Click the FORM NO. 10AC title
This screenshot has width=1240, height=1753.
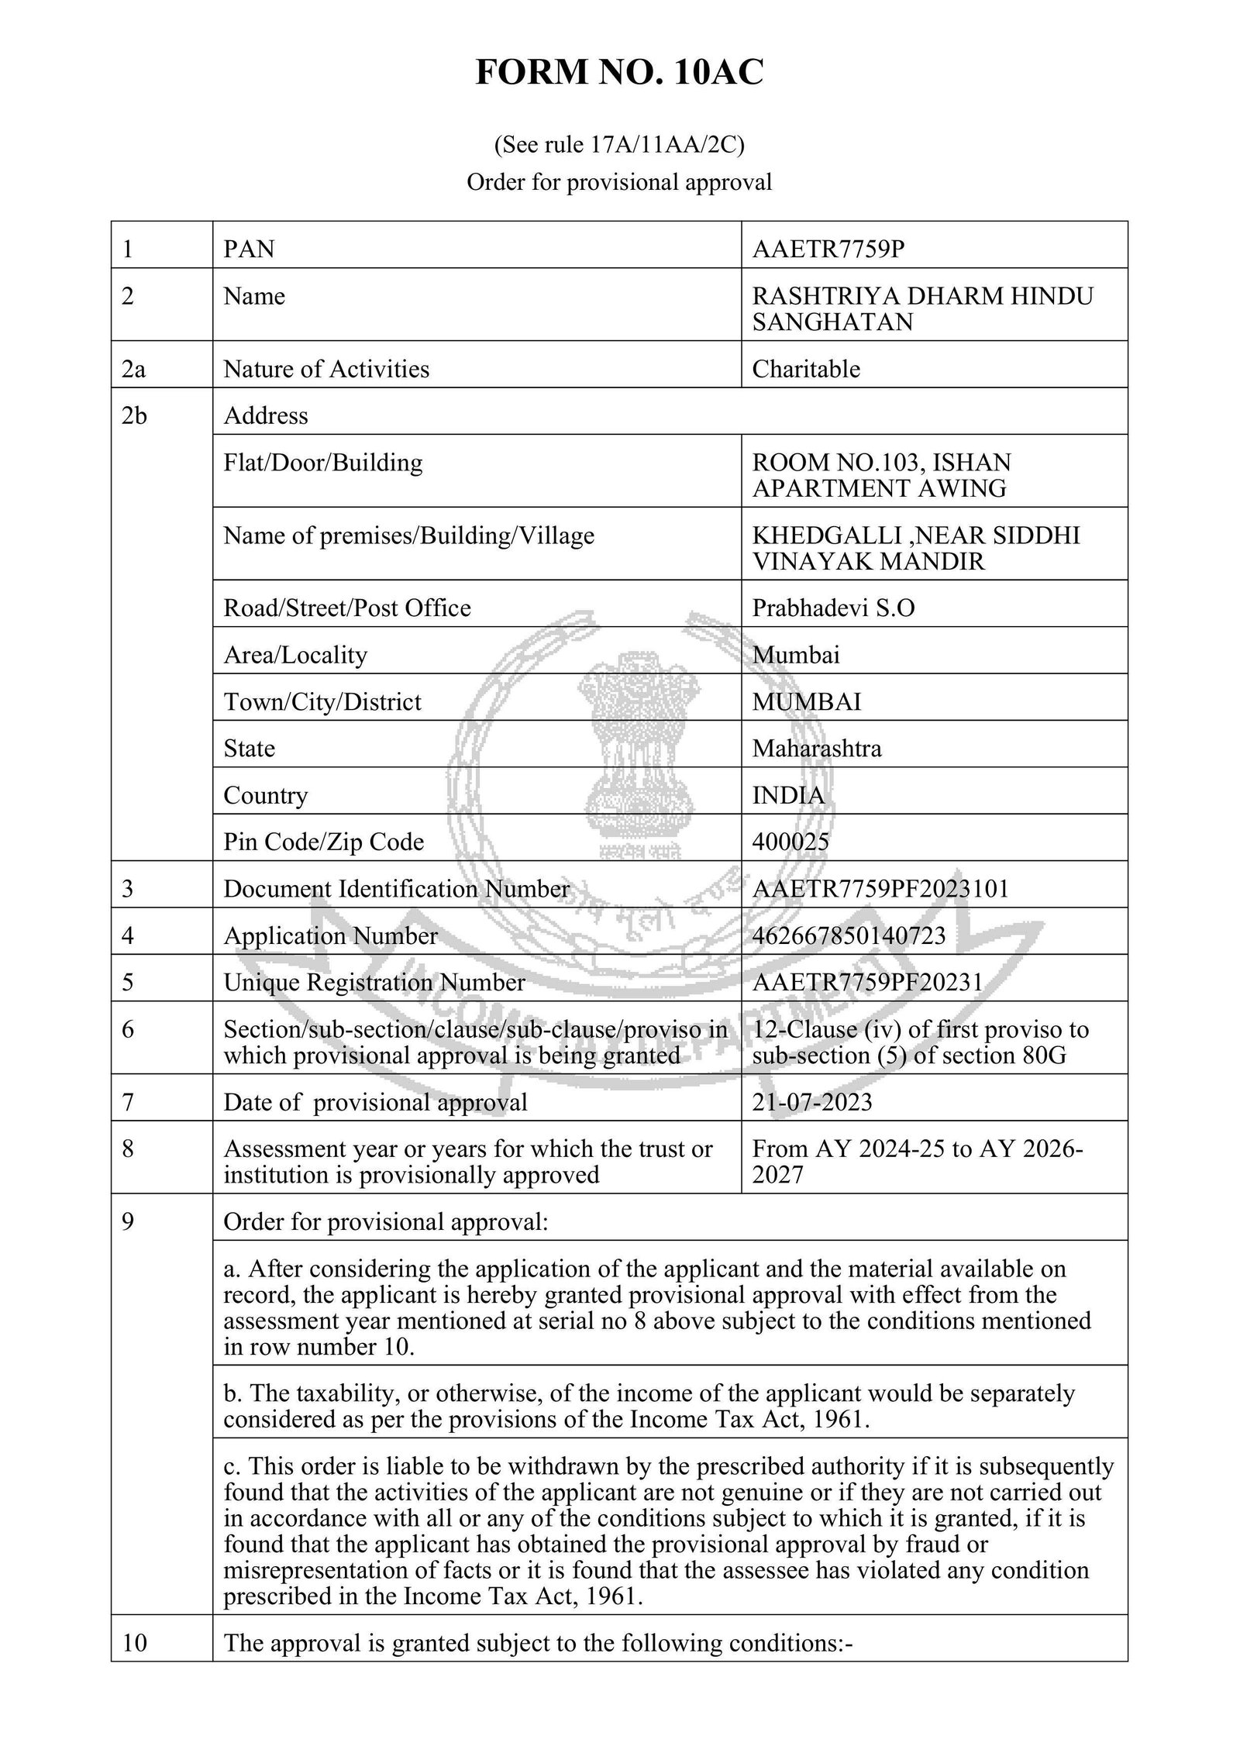tap(619, 73)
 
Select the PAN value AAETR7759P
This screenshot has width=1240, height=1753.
tap(828, 249)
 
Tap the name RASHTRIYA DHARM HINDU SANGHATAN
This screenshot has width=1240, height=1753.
tap(921, 308)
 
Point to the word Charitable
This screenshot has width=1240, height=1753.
tap(806, 368)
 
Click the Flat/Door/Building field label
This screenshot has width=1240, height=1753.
tap(323, 463)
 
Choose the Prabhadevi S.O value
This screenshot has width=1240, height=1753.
tap(833, 608)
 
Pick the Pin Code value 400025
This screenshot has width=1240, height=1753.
tap(790, 842)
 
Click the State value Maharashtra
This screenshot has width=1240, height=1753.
tap(817, 749)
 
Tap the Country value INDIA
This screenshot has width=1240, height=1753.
tap(788, 795)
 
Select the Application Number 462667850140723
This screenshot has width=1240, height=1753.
tap(849, 935)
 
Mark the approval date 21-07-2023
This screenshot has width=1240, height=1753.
tap(812, 1102)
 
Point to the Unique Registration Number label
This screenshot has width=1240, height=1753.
tap(374, 983)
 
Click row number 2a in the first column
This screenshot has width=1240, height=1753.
tap(133, 369)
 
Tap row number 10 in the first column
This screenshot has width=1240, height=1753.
tap(134, 1643)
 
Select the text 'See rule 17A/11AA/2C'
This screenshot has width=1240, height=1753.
tap(619, 145)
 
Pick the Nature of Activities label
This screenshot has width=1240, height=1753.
tap(326, 369)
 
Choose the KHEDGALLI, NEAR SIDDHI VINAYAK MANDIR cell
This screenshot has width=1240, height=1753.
tap(915, 548)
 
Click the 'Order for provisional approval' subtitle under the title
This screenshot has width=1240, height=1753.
tap(619, 182)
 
